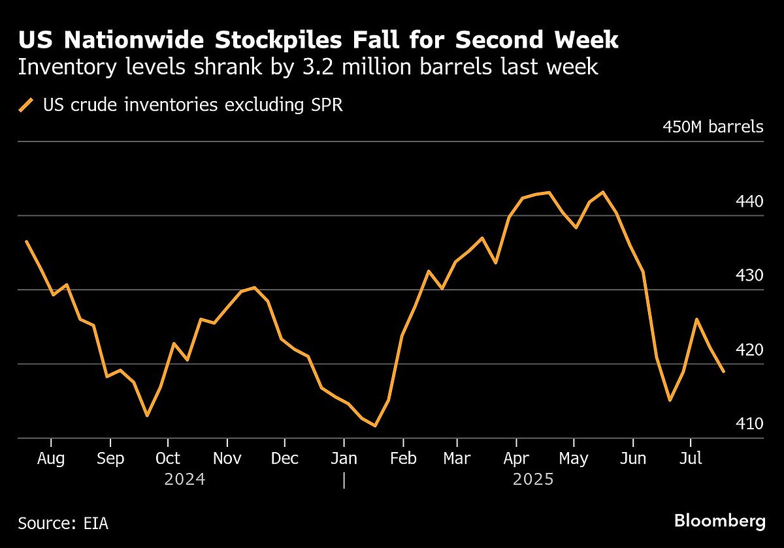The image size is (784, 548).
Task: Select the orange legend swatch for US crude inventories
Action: pos(26,105)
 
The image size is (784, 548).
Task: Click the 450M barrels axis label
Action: pos(713,126)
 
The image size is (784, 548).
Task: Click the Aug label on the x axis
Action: pos(51,459)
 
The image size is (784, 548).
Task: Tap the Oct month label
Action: pos(169,459)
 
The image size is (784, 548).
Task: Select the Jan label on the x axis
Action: pos(344,459)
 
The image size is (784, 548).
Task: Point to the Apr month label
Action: pos(516,459)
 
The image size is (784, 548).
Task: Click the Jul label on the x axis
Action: pos(691,459)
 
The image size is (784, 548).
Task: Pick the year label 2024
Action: pos(185,480)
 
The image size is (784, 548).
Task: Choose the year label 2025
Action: pos(533,480)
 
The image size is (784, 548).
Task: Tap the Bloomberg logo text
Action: pos(719,522)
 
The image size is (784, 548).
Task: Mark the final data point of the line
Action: pos(723,372)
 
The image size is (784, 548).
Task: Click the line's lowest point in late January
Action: pos(375,426)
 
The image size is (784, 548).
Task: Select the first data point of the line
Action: pos(26,241)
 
